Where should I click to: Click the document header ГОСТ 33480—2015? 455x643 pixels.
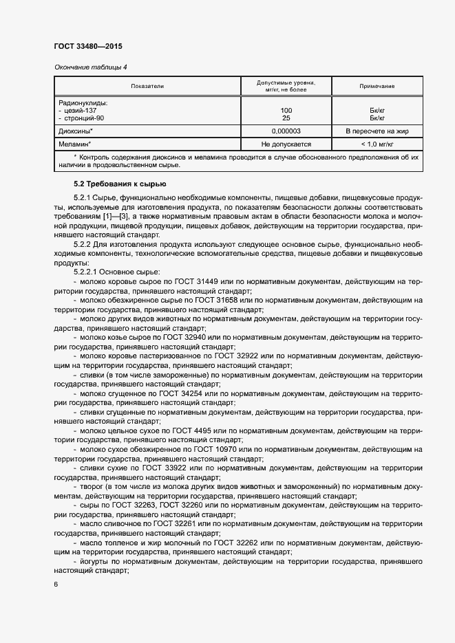88,46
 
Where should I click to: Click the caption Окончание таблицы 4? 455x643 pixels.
90,67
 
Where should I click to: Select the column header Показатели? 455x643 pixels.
147,86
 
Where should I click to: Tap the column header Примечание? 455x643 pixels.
377,86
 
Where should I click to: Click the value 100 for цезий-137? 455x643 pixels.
286,110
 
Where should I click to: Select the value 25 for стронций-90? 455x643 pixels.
286,118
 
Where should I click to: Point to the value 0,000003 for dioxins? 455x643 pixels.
286,131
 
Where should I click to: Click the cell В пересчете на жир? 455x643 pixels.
377,131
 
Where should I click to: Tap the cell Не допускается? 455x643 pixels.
286,144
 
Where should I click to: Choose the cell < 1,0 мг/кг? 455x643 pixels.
377,144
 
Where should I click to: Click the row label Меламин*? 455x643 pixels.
76,144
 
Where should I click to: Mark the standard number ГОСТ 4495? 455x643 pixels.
195,431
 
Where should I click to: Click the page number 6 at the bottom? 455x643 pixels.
56,584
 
